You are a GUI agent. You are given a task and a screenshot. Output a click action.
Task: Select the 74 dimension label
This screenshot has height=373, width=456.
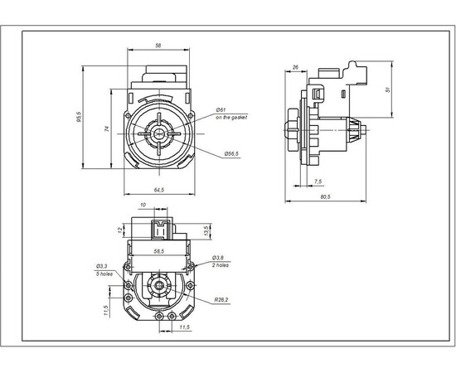(106, 128)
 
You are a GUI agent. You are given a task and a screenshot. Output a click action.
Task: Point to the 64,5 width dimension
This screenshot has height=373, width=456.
(157, 191)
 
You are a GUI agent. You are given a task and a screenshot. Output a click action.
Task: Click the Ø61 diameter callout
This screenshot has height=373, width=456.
(221, 109)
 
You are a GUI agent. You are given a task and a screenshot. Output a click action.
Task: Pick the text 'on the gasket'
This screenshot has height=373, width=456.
(232, 118)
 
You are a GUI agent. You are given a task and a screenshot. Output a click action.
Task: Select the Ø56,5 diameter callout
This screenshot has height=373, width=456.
(231, 153)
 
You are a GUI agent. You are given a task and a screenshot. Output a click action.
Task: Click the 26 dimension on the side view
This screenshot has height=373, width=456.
(295, 66)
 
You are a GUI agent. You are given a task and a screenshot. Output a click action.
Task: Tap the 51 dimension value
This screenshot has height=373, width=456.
(389, 90)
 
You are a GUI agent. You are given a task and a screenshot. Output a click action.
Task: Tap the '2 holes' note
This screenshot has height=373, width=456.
(221, 265)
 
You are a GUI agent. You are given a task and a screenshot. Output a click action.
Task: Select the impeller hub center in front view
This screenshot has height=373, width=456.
(158, 133)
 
